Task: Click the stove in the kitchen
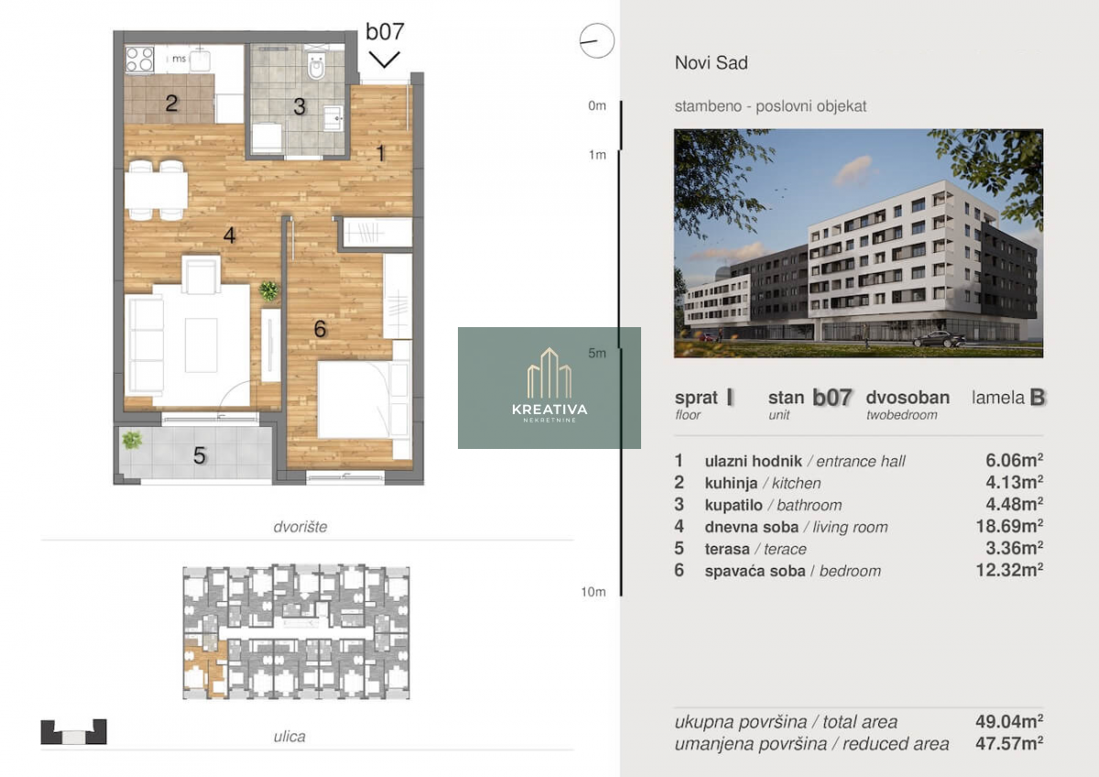click(x=139, y=60)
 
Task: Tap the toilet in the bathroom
click(x=316, y=65)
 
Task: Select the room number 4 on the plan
click(x=229, y=235)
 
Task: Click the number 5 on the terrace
click(x=200, y=455)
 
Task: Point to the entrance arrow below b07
click(x=384, y=60)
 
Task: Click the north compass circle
click(x=596, y=40)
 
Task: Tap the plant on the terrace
click(x=132, y=439)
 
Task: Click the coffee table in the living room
click(x=201, y=345)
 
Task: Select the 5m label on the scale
click(x=597, y=353)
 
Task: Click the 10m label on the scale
click(x=593, y=592)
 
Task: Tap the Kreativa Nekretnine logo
click(x=549, y=388)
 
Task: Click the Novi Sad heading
click(x=712, y=63)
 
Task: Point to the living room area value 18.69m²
click(x=1009, y=526)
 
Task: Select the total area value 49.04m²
click(x=1009, y=721)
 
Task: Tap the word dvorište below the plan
click(x=300, y=527)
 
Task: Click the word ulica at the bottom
click(x=289, y=737)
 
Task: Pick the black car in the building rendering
click(x=940, y=339)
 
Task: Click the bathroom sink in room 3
click(x=333, y=118)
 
